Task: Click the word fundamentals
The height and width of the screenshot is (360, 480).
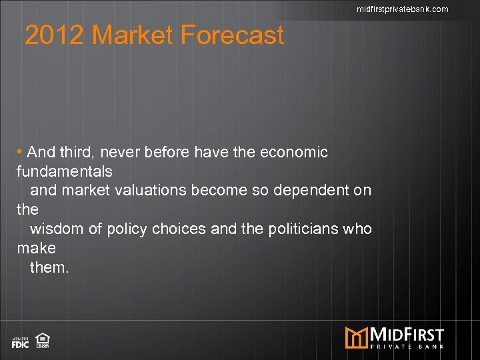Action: (65, 171)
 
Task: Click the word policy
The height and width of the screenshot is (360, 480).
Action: (126, 229)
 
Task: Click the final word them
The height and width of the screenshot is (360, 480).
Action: (50, 268)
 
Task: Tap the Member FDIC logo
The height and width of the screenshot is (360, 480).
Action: (20, 343)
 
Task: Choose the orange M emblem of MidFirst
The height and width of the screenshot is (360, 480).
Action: (357, 337)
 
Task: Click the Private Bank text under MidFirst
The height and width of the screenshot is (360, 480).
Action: (407, 345)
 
